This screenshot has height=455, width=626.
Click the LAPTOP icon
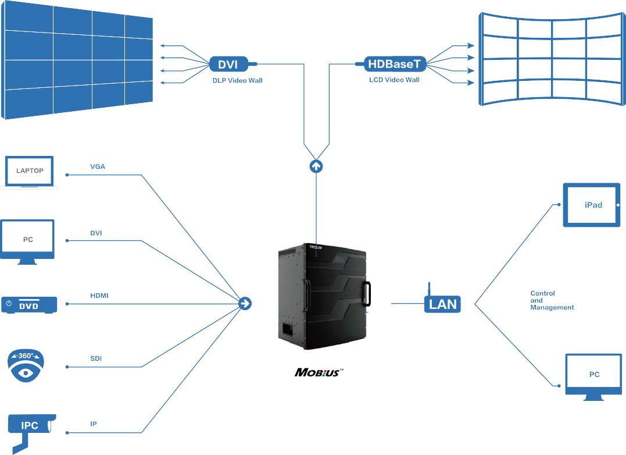(30, 172)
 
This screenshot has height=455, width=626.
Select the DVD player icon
(29, 304)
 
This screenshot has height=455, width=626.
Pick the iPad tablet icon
(592, 205)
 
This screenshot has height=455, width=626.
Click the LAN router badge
(443, 303)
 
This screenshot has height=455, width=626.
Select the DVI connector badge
(228, 63)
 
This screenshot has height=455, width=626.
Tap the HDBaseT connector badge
(394, 63)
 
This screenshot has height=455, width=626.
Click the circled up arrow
(316, 166)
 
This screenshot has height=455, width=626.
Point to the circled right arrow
(245, 303)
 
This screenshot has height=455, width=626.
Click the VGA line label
(98, 167)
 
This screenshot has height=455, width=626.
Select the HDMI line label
(99, 296)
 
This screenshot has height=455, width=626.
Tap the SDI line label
(96, 359)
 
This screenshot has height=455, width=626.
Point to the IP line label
(94, 424)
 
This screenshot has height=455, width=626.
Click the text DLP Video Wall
(237, 80)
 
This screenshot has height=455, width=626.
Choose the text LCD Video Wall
(394, 80)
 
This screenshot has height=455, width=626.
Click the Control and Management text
(552, 300)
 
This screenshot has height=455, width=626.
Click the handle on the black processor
(367, 293)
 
